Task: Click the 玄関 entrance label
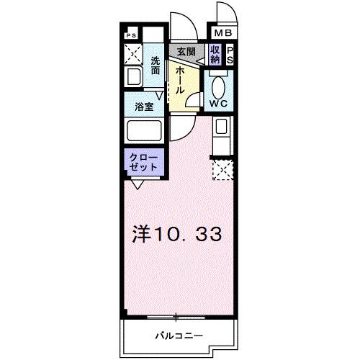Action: pos(186,52)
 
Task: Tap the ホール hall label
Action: pos(179,79)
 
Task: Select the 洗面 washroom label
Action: pos(156,66)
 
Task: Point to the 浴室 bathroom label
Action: pos(145,107)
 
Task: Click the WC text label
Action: pos(219,103)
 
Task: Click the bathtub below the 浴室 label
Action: pos(144,132)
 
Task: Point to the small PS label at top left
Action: pos(131,34)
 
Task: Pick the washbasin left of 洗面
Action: pos(133,77)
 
